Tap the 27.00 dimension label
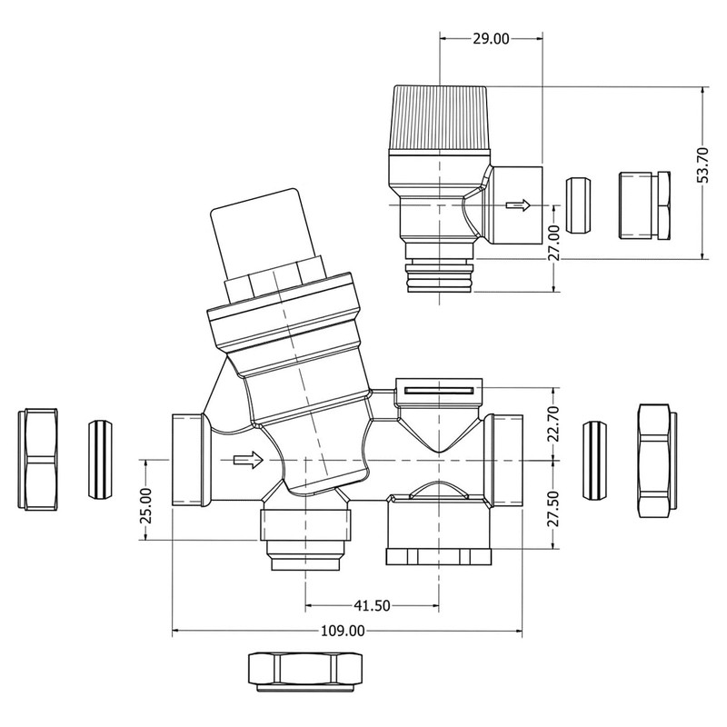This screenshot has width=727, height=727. click(x=553, y=244)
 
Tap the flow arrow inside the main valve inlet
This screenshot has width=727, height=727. click(x=246, y=461)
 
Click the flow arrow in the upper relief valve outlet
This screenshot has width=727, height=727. click(x=517, y=205)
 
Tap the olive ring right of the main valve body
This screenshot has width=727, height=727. click(x=594, y=460)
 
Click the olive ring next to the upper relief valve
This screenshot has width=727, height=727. click(x=575, y=206)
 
